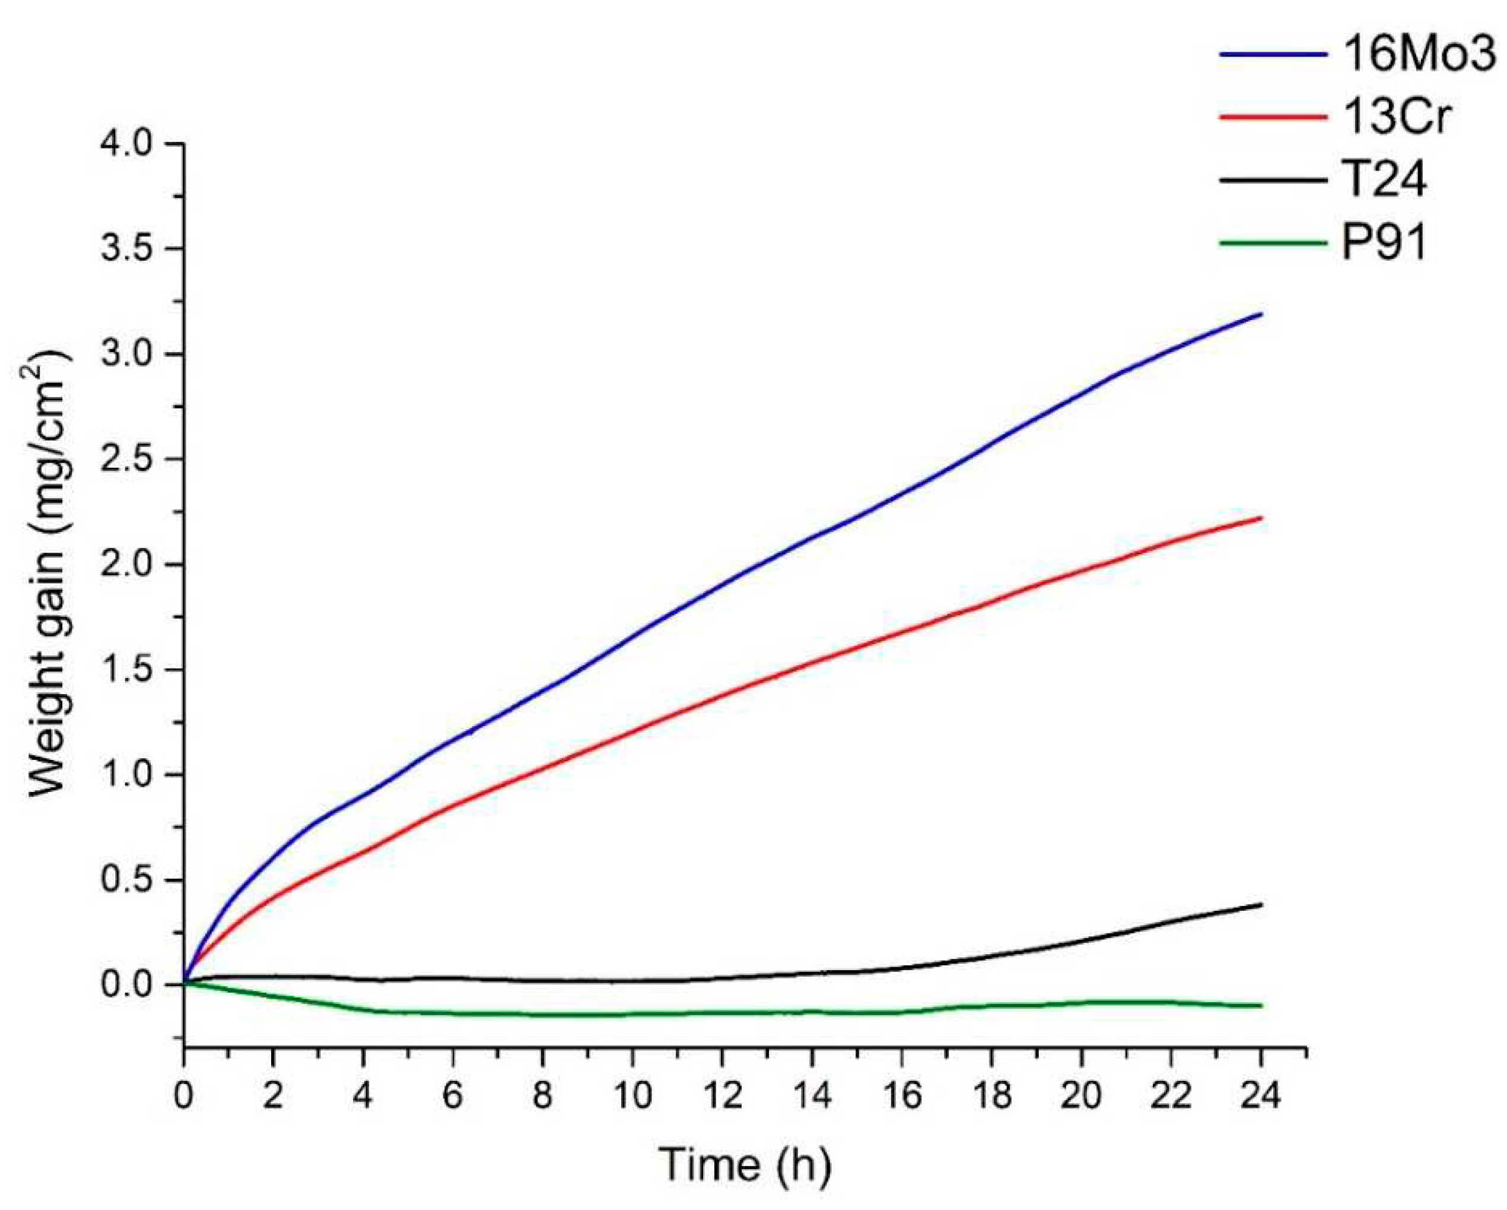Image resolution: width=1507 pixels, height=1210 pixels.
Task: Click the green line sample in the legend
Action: click(x=1272, y=243)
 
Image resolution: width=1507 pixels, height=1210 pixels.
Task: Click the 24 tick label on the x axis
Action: click(x=1260, y=1096)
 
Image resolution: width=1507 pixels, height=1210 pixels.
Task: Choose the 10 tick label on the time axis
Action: click(x=632, y=1096)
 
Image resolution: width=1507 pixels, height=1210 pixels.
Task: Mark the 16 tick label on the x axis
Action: click(x=901, y=1096)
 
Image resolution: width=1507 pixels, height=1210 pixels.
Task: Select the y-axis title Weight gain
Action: click(x=50, y=574)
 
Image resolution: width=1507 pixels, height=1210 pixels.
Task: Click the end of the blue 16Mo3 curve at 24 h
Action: click(x=1260, y=314)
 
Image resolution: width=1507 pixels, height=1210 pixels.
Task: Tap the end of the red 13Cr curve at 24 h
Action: click(x=1260, y=518)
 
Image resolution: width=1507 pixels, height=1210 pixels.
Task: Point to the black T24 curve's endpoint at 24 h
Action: click(x=1260, y=904)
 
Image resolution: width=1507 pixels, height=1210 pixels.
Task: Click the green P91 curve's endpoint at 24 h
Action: click(x=1260, y=1006)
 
